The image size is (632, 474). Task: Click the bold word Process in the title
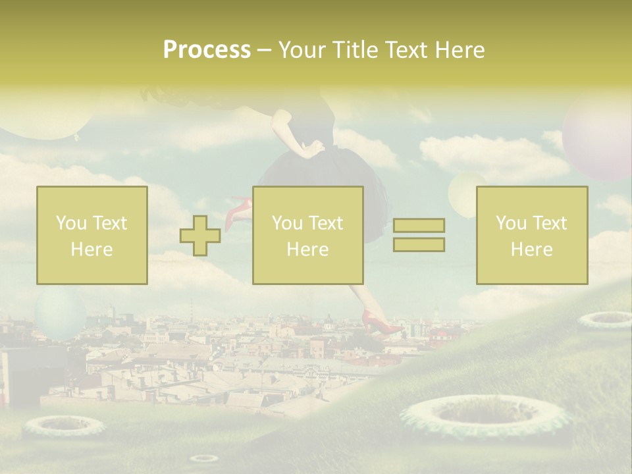207,50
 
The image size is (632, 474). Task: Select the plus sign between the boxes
200,236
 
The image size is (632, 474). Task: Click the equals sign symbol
419,235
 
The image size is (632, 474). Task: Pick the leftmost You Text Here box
92,236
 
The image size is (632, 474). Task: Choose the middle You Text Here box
308,236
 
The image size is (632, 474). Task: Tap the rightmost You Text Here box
532,236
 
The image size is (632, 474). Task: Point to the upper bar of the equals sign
419,226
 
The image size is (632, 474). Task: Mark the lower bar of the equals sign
419,244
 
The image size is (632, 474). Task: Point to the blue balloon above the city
60,313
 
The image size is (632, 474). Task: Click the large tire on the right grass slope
484,415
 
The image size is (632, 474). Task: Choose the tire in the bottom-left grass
64,426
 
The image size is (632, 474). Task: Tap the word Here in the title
461,50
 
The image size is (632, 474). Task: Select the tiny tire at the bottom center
203,458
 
